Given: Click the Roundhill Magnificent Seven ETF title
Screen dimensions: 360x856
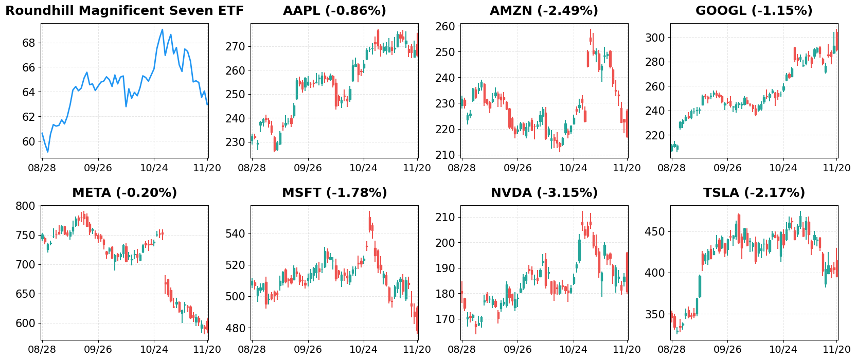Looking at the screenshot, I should click(x=124, y=11).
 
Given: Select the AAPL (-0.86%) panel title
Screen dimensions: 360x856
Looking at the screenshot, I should click(x=334, y=11).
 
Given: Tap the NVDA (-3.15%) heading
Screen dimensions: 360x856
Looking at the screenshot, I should click(x=544, y=193).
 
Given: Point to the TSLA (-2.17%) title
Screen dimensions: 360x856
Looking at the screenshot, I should click(x=754, y=193).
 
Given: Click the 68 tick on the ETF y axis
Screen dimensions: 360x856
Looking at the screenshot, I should click(x=29, y=43).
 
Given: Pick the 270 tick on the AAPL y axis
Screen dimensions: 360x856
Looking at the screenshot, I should click(x=235, y=47).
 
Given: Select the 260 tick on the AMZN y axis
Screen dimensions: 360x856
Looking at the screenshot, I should click(x=445, y=26).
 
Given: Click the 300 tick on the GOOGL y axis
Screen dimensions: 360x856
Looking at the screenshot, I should click(x=655, y=38).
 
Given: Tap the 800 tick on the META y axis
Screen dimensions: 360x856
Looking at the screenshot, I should click(x=25, y=206).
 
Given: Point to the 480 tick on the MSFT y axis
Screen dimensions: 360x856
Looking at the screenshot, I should click(x=235, y=328).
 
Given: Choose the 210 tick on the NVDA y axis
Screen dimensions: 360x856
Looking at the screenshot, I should click(x=445, y=218).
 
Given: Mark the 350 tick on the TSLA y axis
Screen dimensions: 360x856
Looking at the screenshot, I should click(x=655, y=314).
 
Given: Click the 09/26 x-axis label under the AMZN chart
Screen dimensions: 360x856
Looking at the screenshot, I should click(x=518, y=168).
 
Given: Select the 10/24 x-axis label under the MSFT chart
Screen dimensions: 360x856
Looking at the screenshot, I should click(x=363, y=350).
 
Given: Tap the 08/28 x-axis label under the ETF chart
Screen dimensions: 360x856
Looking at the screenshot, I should click(x=42, y=168).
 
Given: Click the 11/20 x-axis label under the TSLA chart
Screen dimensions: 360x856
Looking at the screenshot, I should click(x=836, y=350).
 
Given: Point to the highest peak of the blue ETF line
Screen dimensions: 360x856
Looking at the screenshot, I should click(x=163, y=29).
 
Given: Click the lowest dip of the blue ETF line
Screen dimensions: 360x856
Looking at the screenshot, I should click(x=47, y=152).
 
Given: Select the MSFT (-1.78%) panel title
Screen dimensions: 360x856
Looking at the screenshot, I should click(x=334, y=193).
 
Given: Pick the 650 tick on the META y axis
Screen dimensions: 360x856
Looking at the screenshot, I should click(x=25, y=294).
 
